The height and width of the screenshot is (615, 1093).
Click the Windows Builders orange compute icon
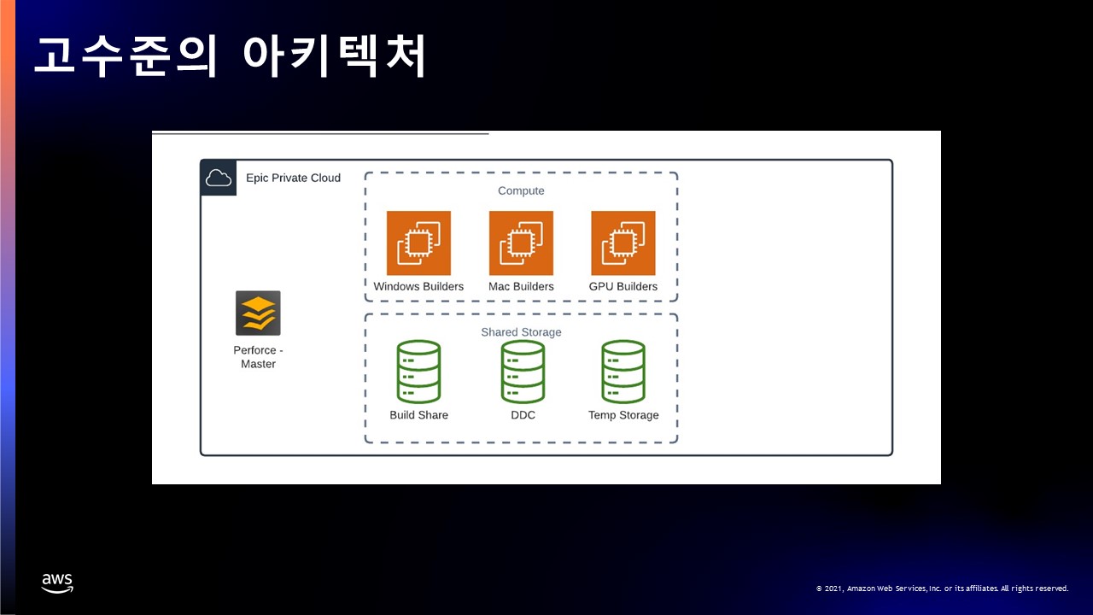pos(418,243)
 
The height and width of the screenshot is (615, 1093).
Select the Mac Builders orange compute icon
pos(521,243)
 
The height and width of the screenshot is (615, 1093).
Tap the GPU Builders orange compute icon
pos(623,243)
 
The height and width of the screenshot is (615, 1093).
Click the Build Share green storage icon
pos(418,372)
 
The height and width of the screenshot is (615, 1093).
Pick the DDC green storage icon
pos(523,372)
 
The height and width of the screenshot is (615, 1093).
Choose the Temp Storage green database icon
pos(623,372)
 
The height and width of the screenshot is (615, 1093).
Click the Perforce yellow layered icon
pos(258,313)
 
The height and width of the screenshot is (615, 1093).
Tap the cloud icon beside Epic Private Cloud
pos(219,178)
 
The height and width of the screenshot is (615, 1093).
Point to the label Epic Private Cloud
pos(293,178)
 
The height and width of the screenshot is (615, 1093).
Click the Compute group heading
pos(521,190)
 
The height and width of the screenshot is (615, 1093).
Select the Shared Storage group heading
pos(521,331)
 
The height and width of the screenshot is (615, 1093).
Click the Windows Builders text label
pos(418,286)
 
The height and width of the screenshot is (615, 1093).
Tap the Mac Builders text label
pos(521,286)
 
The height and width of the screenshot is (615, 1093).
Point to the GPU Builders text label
pos(623,286)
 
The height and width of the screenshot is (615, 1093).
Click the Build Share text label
pos(418,415)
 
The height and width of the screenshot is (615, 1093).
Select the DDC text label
pos(523,415)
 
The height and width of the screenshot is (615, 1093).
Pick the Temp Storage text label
pos(623,415)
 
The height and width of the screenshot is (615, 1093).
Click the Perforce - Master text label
pos(258,357)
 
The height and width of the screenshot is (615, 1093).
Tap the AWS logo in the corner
pos(57,583)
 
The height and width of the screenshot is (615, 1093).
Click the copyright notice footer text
pos(942,589)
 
